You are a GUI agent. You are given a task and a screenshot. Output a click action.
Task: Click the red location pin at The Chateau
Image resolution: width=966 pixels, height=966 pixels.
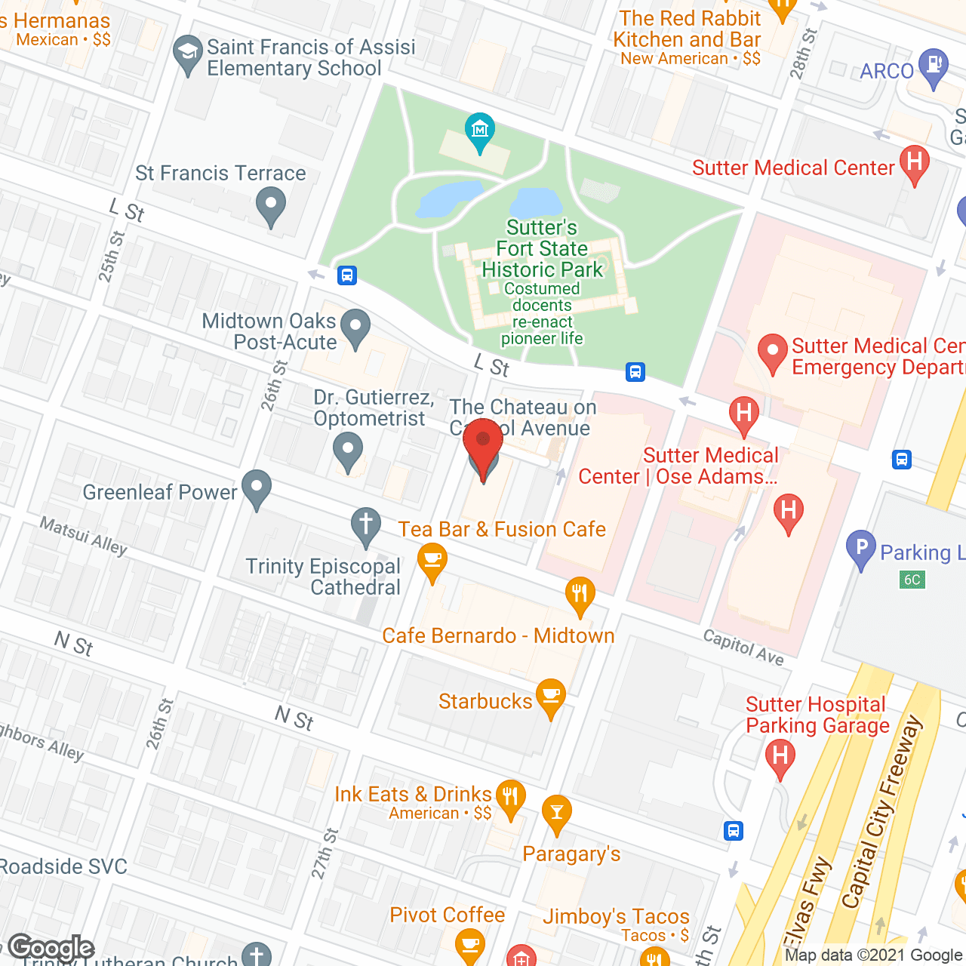(x=483, y=441)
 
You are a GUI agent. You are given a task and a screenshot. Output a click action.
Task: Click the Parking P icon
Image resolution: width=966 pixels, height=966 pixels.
(x=860, y=549)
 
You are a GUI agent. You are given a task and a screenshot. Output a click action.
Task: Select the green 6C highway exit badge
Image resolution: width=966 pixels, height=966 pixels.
(x=912, y=580)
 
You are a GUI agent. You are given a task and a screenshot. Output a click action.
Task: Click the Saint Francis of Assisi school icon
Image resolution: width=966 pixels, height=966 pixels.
(x=187, y=54)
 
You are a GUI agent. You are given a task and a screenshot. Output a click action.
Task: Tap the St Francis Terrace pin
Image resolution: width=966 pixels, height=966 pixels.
(x=270, y=205)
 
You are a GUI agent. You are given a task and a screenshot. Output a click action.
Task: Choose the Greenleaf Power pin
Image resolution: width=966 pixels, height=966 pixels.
(x=257, y=488)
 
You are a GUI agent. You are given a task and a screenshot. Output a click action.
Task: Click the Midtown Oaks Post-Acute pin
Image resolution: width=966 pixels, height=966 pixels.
(x=355, y=328)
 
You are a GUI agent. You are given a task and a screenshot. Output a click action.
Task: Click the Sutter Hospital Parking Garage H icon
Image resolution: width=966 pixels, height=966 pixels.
(x=780, y=756)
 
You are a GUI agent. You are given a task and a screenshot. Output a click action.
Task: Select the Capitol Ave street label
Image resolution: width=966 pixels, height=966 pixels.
(x=743, y=648)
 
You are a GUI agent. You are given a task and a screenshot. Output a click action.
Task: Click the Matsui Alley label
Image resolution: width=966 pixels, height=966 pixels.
(x=83, y=536)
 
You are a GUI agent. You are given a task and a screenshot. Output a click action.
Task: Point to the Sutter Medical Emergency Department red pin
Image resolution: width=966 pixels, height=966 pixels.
(x=772, y=352)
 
